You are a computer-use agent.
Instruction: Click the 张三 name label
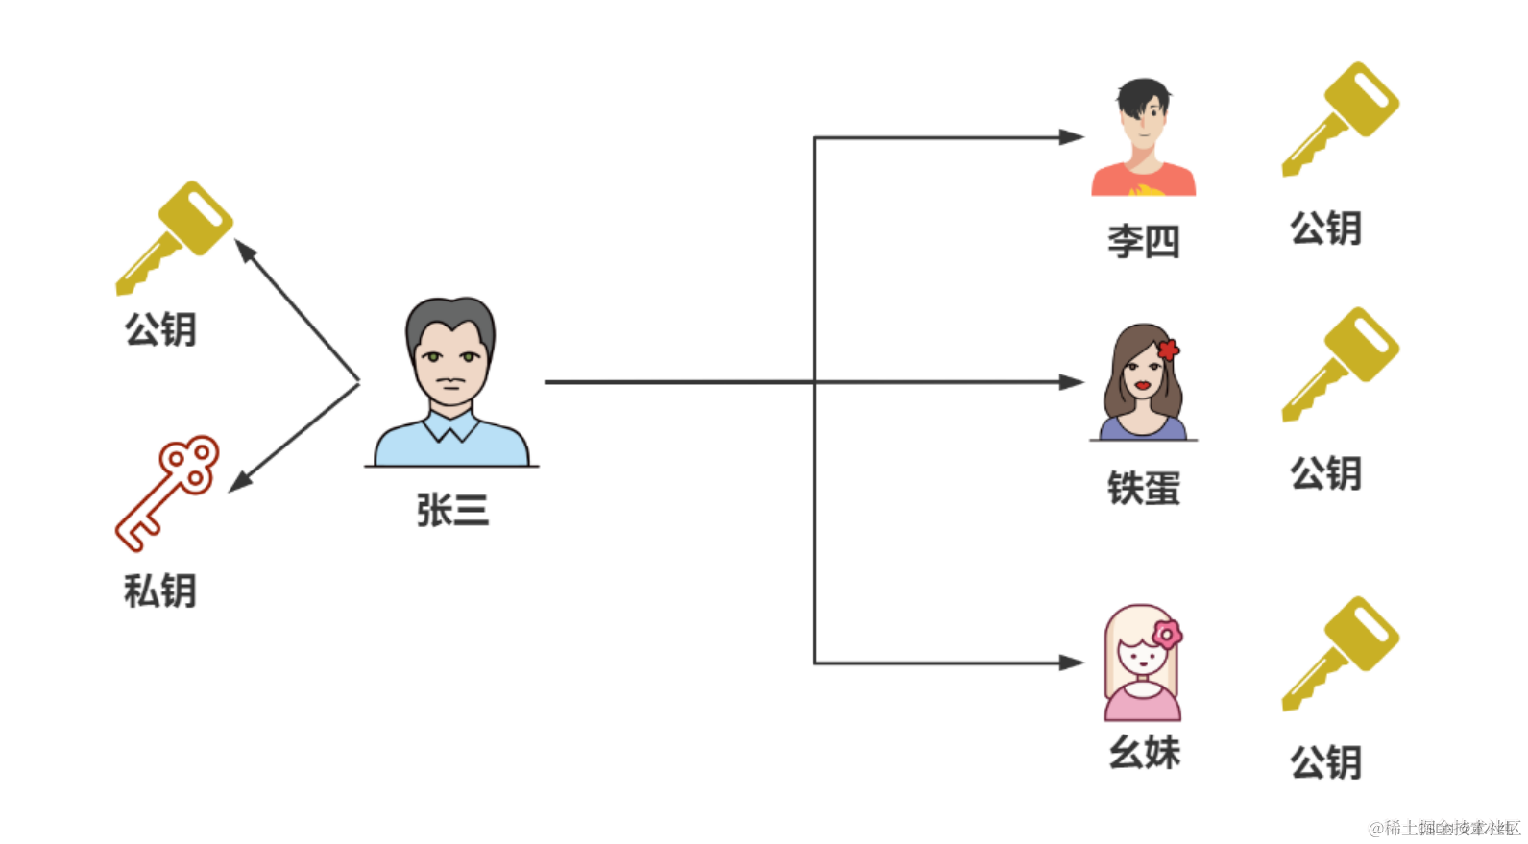(x=452, y=510)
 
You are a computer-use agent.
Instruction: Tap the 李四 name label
(x=1143, y=241)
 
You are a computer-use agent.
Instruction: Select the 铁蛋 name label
(x=1143, y=488)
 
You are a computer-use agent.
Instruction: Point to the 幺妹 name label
(x=1144, y=752)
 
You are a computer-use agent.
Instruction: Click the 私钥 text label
(x=160, y=591)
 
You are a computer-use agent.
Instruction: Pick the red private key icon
(x=169, y=493)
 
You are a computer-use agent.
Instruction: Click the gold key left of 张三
(x=175, y=236)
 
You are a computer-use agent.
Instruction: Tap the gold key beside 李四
(x=1341, y=118)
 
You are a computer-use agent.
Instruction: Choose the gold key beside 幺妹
(x=1341, y=652)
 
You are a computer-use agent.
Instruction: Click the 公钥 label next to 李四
(x=1325, y=229)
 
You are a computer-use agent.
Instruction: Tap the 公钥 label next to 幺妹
(x=1325, y=762)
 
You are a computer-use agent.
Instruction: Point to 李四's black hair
(x=1142, y=95)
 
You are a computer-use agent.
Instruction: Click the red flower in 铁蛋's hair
(x=1168, y=350)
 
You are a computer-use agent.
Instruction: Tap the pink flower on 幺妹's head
(x=1167, y=634)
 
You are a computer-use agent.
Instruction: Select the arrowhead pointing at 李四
(x=1072, y=137)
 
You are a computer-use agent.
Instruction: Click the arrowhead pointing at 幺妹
(x=1072, y=663)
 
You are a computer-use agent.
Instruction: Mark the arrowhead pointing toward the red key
(x=240, y=481)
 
